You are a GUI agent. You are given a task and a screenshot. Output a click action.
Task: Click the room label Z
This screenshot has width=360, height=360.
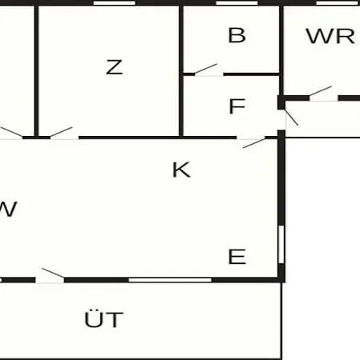pyautogui.click(x=114, y=67)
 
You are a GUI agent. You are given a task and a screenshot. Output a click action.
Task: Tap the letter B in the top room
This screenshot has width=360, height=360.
pyautogui.click(x=237, y=35)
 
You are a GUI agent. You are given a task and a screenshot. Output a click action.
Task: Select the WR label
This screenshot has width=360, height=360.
pyautogui.click(x=330, y=36)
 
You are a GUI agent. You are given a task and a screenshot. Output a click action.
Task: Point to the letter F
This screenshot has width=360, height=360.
pyautogui.click(x=237, y=106)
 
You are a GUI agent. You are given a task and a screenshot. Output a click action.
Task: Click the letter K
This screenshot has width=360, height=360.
pyautogui.click(x=182, y=170)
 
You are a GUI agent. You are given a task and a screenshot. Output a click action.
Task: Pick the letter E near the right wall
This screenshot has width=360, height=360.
pyautogui.click(x=237, y=257)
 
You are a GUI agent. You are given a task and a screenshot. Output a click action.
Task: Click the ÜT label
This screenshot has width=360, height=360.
pyautogui.click(x=104, y=318)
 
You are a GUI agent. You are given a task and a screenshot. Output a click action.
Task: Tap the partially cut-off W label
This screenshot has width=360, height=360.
pyautogui.click(x=8, y=209)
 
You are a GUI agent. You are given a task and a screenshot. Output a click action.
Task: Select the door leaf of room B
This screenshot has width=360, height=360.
pyautogui.click(x=206, y=69)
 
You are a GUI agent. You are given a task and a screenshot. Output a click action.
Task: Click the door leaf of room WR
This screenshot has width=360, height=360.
pyautogui.click(x=320, y=91)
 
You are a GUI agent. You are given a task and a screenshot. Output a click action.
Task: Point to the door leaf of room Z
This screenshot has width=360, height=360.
pyautogui.click(x=61, y=132)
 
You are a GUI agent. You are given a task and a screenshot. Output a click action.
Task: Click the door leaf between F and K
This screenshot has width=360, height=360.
pyautogui.click(x=254, y=143)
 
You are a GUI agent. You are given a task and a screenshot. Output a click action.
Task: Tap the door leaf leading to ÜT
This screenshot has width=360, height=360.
pyautogui.click(x=53, y=273)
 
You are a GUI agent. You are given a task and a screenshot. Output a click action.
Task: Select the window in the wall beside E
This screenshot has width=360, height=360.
pyautogui.click(x=281, y=245)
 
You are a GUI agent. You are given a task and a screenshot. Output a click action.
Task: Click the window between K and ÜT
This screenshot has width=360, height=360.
pyautogui.click(x=170, y=280)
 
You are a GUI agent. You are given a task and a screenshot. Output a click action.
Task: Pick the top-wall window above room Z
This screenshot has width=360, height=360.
pyautogui.click(x=114, y=3)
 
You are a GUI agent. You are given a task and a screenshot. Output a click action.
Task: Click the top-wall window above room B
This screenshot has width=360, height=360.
pyautogui.click(x=237, y=3)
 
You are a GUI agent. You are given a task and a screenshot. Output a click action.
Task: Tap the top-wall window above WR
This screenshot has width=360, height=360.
pyautogui.click(x=338, y=3)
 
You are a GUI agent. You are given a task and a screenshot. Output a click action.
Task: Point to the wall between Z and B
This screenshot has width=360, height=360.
pyautogui.click(x=181, y=71)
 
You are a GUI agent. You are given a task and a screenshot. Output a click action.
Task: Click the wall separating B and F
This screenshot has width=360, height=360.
pyautogui.click(x=251, y=74)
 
